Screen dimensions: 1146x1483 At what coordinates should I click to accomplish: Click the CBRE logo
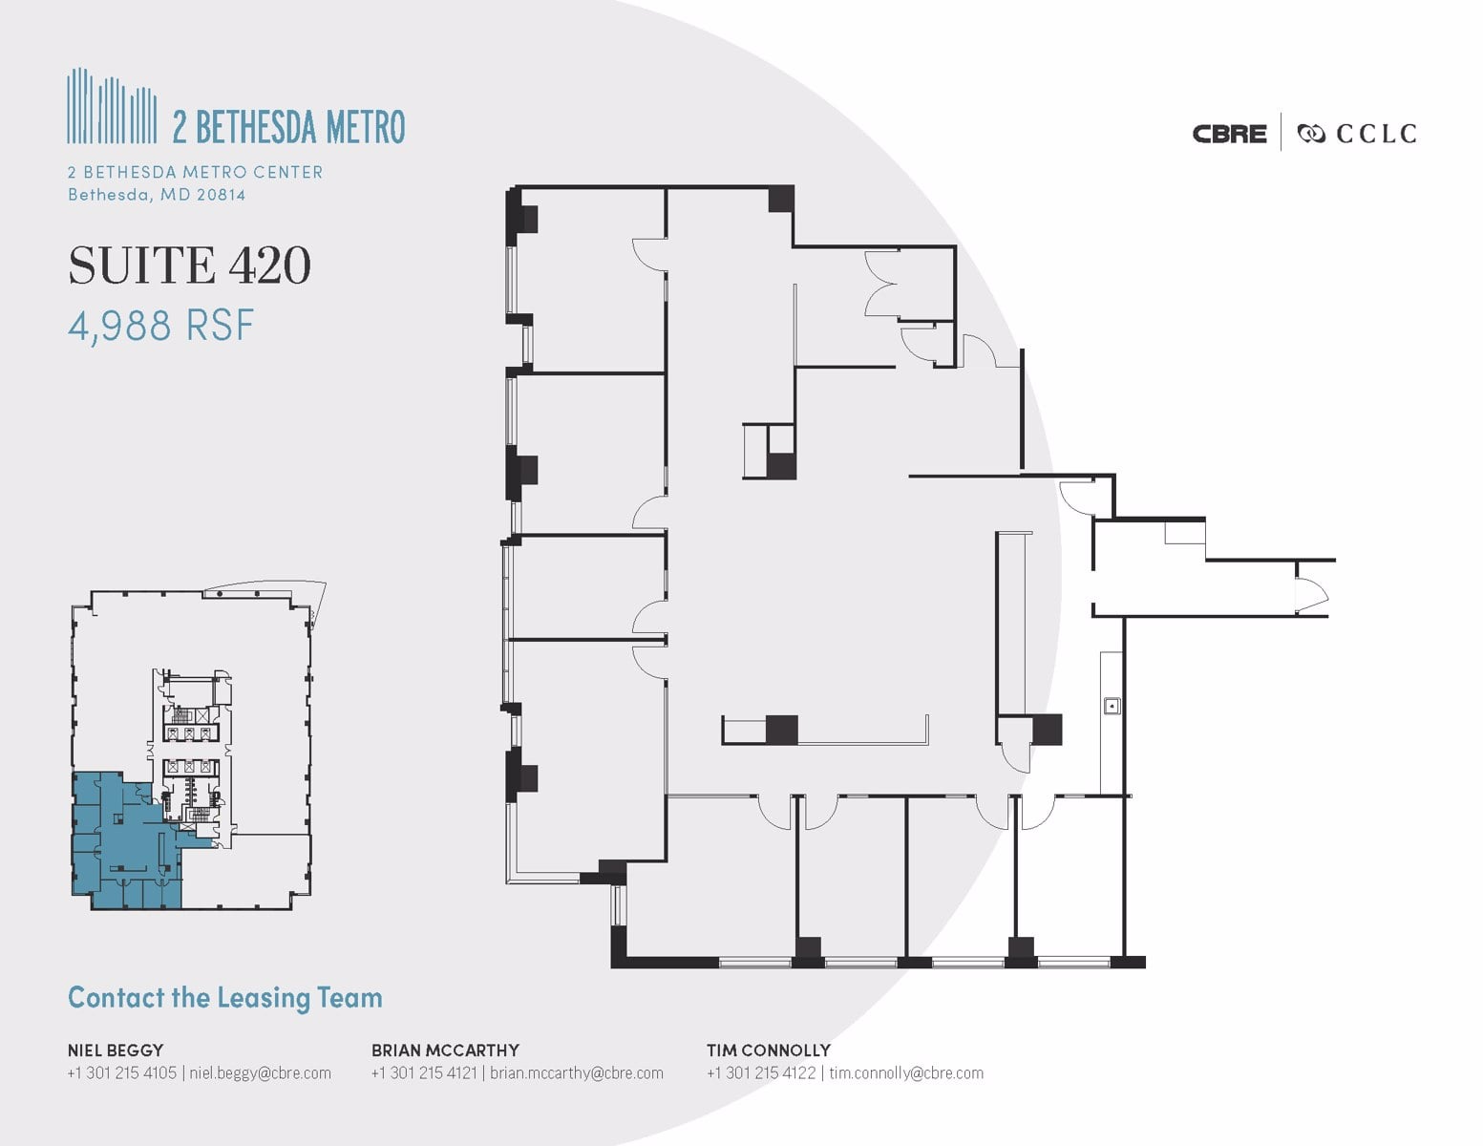point(1229,134)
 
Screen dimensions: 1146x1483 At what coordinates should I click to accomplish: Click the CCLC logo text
point(1375,134)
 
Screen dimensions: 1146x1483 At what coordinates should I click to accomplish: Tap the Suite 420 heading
point(189,265)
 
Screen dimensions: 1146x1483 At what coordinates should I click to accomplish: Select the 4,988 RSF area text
point(160,326)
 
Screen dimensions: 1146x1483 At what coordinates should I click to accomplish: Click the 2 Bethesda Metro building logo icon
point(112,106)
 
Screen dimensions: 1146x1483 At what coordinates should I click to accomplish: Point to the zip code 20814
point(221,195)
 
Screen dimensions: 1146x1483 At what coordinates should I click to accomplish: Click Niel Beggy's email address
point(260,1072)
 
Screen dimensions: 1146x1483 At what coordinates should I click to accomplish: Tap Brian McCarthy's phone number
point(424,1072)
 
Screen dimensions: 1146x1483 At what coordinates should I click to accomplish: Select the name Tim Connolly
point(768,1050)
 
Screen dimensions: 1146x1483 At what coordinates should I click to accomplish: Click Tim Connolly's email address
point(905,1072)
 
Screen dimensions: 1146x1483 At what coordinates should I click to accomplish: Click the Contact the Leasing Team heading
point(224,998)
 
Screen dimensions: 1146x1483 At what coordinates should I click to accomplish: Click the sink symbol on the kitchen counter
point(1111,707)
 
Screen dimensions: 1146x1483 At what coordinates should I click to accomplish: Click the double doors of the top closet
point(880,283)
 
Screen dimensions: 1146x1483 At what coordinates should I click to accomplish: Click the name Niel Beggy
point(115,1050)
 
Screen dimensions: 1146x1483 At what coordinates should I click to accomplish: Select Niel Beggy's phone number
point(121,1072)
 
